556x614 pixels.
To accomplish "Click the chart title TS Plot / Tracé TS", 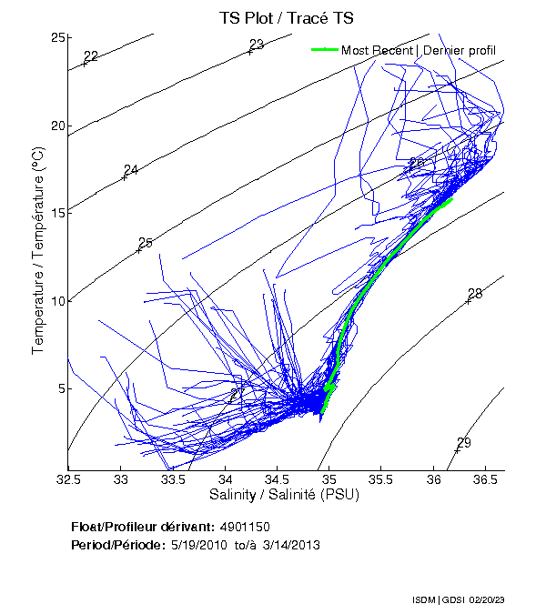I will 286,17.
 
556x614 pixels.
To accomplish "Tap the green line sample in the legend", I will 324,50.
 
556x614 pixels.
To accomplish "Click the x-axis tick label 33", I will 121,478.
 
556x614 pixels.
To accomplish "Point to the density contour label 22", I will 91,56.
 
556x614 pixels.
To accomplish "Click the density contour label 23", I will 257,45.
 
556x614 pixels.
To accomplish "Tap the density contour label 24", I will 131,170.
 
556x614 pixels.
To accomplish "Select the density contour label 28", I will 475,294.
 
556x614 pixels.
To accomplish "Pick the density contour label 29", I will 464,443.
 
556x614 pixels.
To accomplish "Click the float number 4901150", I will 245,528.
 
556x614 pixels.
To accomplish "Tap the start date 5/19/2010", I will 195,545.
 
